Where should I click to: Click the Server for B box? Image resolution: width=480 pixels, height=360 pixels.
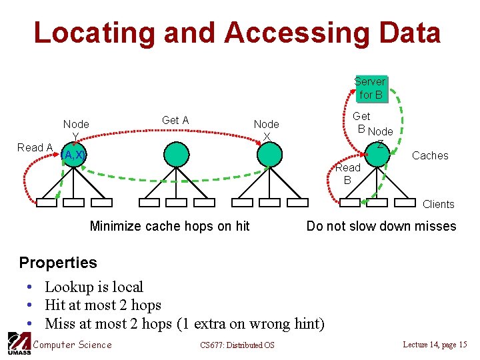(x=370, y=88)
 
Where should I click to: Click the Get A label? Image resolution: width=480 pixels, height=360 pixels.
(x=175, y=120)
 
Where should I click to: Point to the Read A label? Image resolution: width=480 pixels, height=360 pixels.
(x=35, y=147)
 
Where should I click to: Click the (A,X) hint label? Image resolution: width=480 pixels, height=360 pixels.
(x=72, y=155)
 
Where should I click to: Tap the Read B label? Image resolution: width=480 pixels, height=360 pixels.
(x=347, y=173)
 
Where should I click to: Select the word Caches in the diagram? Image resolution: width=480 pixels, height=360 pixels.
(x=430, y=155)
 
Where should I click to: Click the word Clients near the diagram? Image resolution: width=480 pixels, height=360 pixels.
(x=438, y=204)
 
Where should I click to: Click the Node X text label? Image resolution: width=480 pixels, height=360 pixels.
(x=266, y=129)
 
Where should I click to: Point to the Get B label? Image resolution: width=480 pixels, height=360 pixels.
(x=361, y=121)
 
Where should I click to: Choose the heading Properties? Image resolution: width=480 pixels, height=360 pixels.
(x=58, y=262)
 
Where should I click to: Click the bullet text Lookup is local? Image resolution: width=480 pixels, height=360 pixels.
(x=94, y=287)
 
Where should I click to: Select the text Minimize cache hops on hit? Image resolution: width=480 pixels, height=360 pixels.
(x=169, y=226)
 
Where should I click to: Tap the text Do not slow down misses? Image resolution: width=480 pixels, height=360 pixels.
(x=381, y=226)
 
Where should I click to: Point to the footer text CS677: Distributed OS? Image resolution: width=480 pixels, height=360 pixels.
(x=237, y=345)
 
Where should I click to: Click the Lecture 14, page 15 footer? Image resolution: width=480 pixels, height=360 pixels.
(x=435, y=344)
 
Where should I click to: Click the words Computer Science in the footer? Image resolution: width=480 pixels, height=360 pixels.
(x=72, y=344)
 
